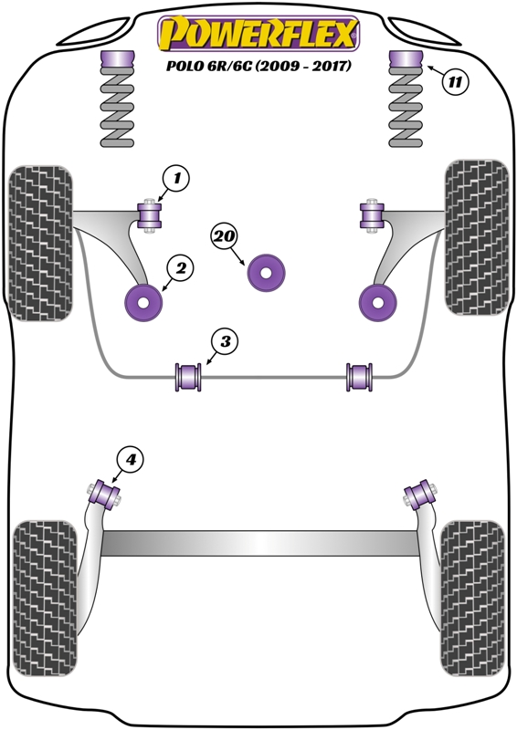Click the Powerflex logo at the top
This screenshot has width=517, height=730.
coord(258,34)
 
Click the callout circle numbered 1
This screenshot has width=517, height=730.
coord(176,179)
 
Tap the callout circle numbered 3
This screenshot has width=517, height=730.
coord(225,342)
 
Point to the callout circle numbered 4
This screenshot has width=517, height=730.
coord(130,460)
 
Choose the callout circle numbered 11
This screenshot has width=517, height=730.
coord(455,83)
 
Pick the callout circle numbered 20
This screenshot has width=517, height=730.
coord(225,236)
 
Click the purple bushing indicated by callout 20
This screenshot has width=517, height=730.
coord(266,273)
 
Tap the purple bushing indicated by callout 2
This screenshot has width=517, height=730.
coord(143,303)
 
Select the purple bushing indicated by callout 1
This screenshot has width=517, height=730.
coord(150,216)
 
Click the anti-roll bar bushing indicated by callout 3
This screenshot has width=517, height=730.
coord(188,377)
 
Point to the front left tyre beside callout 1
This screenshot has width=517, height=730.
coord(41,243)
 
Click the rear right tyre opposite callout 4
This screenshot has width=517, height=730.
coord(473,599)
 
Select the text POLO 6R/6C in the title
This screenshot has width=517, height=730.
coord(209,66)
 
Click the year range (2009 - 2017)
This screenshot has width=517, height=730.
coord(303,66)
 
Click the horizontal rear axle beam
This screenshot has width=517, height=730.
coord(259,543)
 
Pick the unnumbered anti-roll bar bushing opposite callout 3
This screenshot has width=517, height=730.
coord(359,377)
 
